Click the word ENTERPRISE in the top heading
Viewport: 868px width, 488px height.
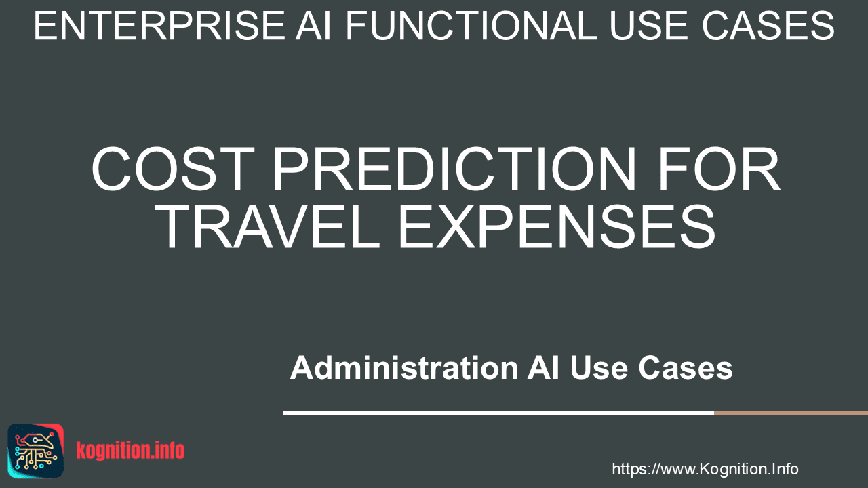pyautogui.click(x=159, y=26)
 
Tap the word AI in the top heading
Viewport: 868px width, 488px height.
pyautogui.click(x=313, y=26)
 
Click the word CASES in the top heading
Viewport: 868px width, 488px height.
pyautogui.click(x=768, y=26)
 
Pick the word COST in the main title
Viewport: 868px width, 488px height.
pyautogui.click(x=173, y=169)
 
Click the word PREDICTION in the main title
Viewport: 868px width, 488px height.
pyautogui.click(x=455, y=169)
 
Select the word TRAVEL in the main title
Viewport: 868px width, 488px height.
pyautogui.click(x=267, y=226)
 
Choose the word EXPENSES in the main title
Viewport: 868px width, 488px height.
pyautogui.click(x=557, y=226)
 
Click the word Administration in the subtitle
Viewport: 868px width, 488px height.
pyautogui.click(x=404, y=367)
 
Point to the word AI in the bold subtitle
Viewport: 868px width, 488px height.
pyautogui.click(x=543, y=367)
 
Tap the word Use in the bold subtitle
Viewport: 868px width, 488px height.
pyautogui.click(x=599, y=367)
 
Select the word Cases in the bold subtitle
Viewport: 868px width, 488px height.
pyautogui.click(x=686, y=367)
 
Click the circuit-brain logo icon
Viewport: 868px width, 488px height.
pyautogui.click(x=36, y=451)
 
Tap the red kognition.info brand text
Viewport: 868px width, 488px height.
pyautogui.click(x=130, y=451)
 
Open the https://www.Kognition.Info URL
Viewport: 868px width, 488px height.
pyautogui.click(x=705, y=469)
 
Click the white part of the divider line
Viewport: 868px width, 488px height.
pyautogui.click(x=498, y=413)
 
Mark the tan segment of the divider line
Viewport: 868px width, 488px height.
pyautogui.click(x=791, y=413)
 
